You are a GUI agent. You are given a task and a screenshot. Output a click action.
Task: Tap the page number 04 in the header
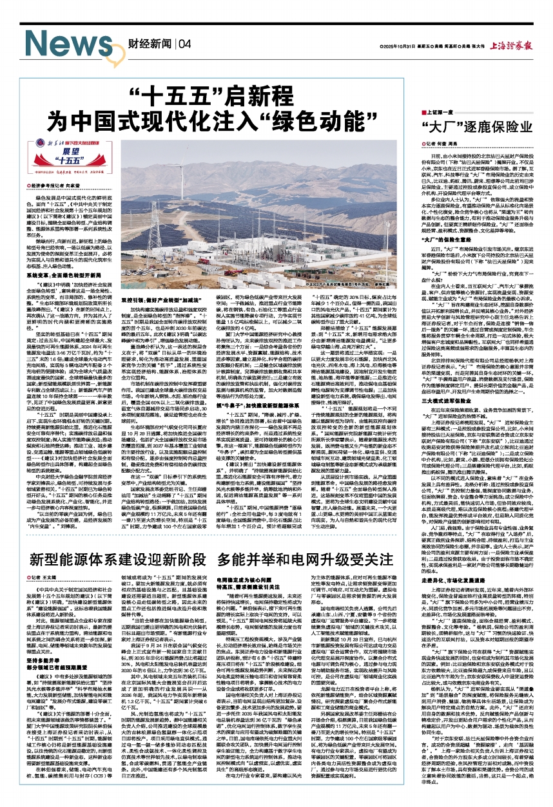coord(184,44)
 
